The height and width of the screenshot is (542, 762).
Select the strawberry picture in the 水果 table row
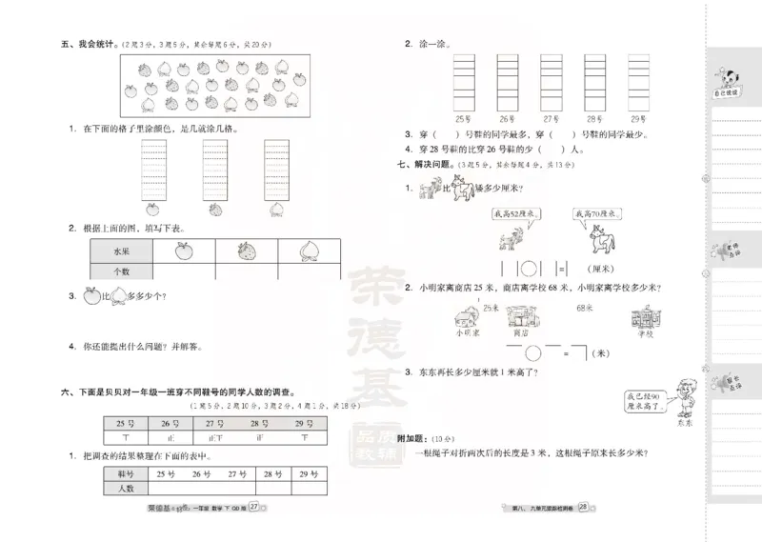pos(247,251)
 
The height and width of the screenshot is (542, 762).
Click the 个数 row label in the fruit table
pos(120,271)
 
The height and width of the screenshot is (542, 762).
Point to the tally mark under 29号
pos(304,438)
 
